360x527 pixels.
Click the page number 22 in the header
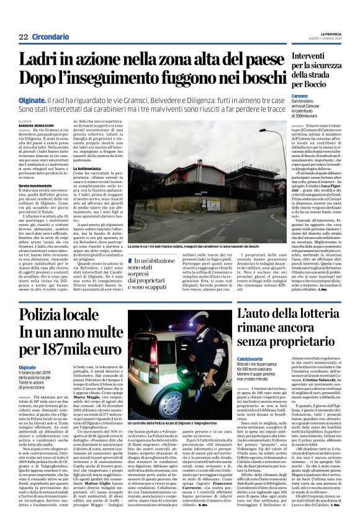tap(23, 37)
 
